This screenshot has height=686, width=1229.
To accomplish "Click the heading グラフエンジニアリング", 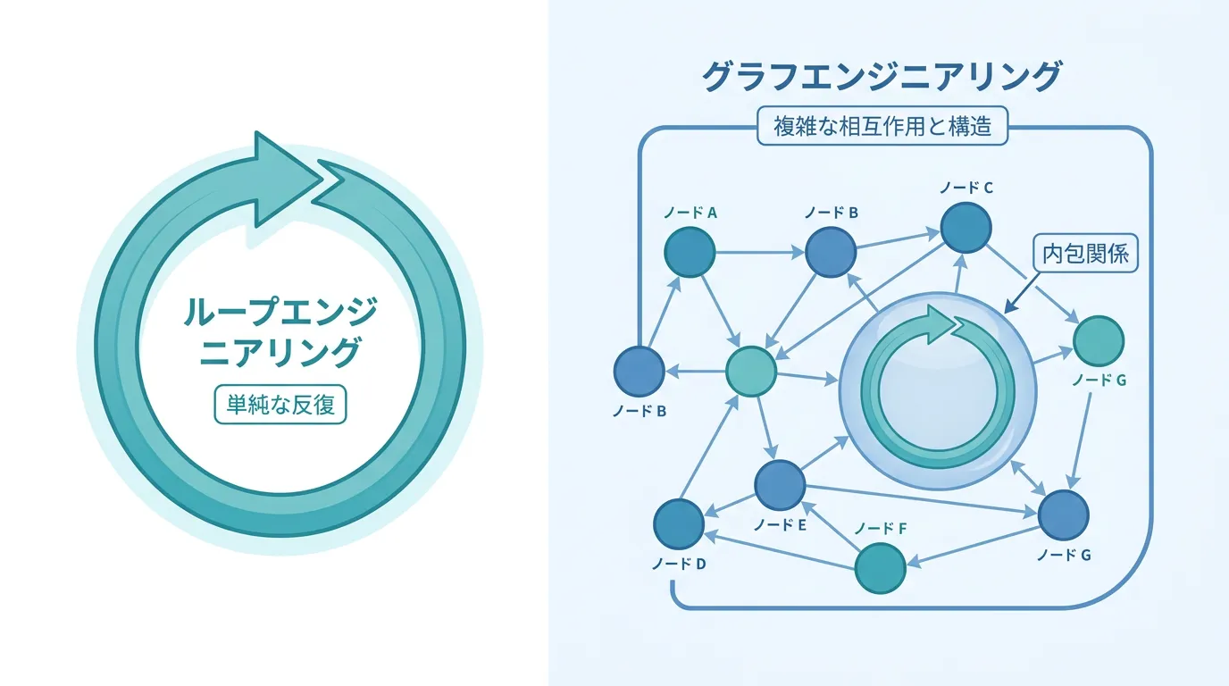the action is (x=882, y=77).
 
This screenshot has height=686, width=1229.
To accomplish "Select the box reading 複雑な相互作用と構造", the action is (x=882, y=126).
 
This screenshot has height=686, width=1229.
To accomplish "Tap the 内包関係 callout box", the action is (x=1085, y=254).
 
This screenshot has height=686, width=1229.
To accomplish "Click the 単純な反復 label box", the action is (x=280, y=405).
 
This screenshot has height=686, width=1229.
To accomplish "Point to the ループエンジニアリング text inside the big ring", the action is (x=280, y=332).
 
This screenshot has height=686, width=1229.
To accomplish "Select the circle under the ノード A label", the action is (x=690, y=253).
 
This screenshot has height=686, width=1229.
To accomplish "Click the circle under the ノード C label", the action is (x=966, y=228).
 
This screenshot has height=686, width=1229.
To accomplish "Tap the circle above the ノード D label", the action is (x=679, y=524).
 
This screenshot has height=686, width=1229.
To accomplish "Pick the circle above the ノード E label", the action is (x=780, y=485).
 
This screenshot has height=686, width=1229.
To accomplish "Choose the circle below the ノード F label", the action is (x=880, y=568).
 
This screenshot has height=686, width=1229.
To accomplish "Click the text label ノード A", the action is (x=690, y=213).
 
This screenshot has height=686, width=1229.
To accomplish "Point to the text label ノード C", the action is (x=966, y=188).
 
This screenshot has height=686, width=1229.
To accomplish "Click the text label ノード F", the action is (x=881, y=529).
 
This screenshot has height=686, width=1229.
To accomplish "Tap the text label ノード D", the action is (x=679, y=565).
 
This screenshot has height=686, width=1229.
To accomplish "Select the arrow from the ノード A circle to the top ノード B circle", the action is (x=760, y=253).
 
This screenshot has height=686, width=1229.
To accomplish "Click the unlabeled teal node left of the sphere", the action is (x=750, y=372).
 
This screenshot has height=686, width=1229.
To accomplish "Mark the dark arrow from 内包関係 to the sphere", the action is (x=1022, y=293).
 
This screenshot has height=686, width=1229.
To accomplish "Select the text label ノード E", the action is (x=780, y=525).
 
